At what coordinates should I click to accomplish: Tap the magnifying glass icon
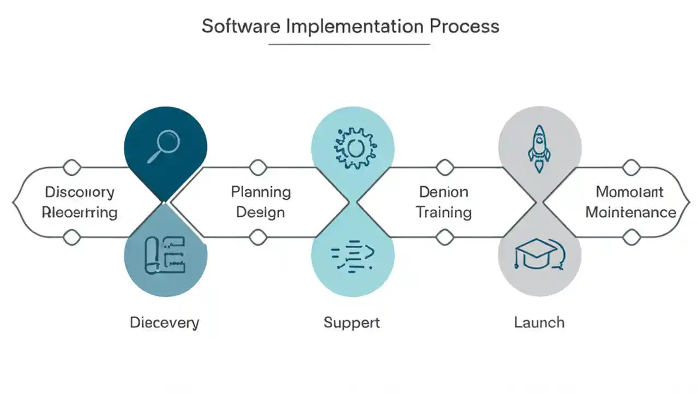tap(164, 146)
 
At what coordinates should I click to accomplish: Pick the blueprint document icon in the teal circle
tap(164, 255)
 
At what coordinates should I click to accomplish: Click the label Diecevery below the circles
tap(164, 323)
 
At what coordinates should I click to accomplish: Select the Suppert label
tap(352, 323)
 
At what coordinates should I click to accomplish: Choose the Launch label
tap(539, 322)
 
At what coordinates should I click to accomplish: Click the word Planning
tap(261, 192)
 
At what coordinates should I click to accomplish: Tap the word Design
tap(261, 212)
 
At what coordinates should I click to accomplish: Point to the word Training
tap(444, 212)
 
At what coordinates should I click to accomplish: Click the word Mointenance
tap(630, 212)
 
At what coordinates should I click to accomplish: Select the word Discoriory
tap(80, 192)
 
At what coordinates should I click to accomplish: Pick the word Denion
tap(443, 192)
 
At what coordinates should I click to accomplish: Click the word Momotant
tap(630, 192)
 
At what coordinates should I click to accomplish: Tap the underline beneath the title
tap(349, 44)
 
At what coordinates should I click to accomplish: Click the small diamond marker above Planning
tap(258, 166)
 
